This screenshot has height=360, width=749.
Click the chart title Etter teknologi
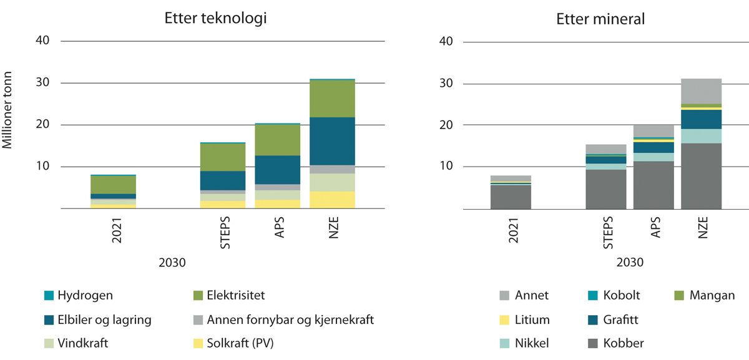(x=211, y=18)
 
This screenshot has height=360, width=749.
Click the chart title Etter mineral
(x=600, y=19)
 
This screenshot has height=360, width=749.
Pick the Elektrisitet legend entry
(x=230, y=295)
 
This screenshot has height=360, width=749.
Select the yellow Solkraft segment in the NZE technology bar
(x=331, y=200)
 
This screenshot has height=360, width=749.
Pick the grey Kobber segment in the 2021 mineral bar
(x=511, y=197)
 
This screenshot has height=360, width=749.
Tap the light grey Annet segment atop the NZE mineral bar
(x=701, y=91)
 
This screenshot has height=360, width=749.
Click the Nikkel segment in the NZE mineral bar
(x=701, y=136)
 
